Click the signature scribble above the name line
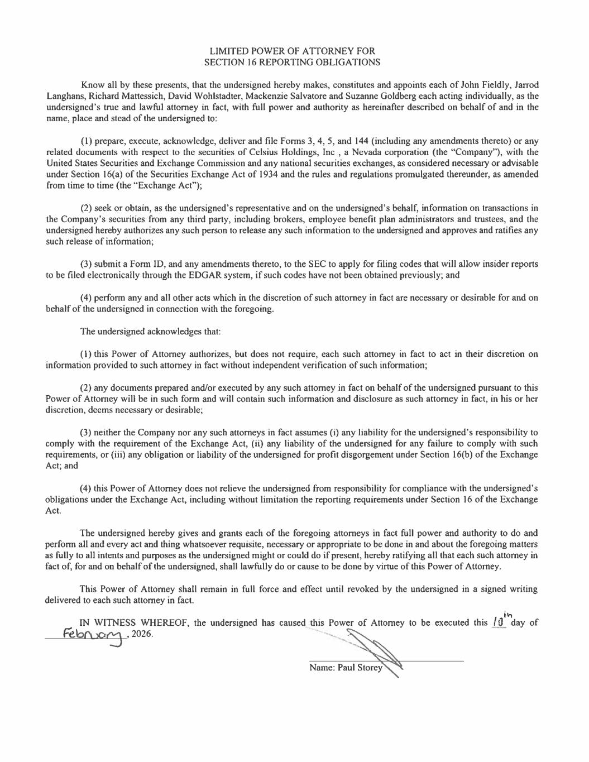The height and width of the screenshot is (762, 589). pyautogui.click(x=374, y=650)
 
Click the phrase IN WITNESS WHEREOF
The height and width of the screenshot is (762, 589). pyautogui.click(x=134, y=623)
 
